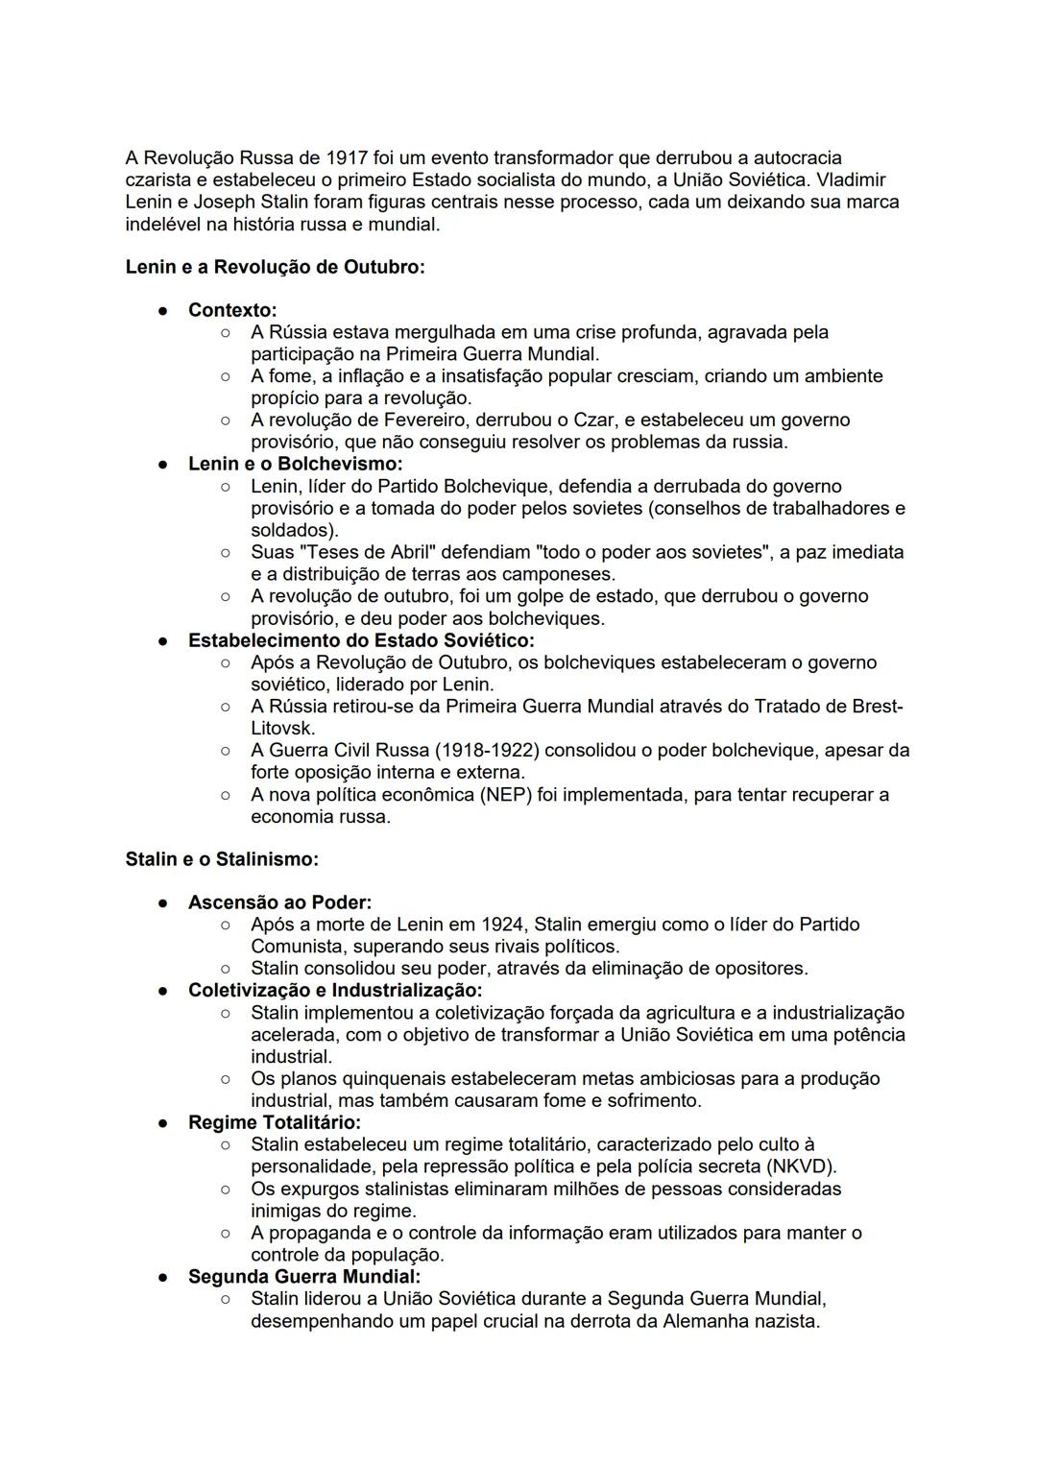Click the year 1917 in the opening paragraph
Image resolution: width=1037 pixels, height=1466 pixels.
[x=348, y=157]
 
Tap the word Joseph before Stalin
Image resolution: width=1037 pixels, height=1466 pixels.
[x=224, y=202]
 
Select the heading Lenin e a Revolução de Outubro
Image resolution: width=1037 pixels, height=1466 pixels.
[x=275, y=267]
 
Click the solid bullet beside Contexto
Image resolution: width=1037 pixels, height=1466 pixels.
[x=164, y=310]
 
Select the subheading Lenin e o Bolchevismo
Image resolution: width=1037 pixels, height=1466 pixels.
[x=296, y=464]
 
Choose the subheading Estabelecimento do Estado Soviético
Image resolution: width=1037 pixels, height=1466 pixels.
[x=361, y=640]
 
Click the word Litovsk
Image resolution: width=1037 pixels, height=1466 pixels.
[x=282, y=728]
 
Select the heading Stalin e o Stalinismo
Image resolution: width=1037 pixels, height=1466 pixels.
[x=222, y=859]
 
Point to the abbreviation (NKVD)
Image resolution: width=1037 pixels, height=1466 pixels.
[x=802, y=1166]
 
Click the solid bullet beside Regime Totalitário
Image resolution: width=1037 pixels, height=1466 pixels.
[x=164, y=1122]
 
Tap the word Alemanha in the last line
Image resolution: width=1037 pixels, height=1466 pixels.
[x=701, y=1321]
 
